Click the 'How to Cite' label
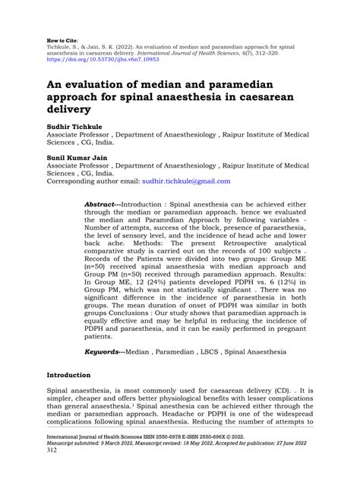point(63,36)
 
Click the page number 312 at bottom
point(52,471)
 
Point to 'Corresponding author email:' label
point(93,182)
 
